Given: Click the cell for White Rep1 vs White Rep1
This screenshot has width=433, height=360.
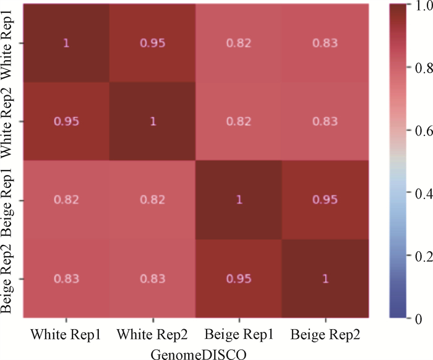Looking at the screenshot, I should point(66,43).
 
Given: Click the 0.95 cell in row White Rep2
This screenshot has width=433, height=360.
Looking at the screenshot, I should point(66,122).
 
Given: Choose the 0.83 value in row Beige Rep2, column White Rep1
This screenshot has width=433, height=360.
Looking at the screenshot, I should point(66,279).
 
